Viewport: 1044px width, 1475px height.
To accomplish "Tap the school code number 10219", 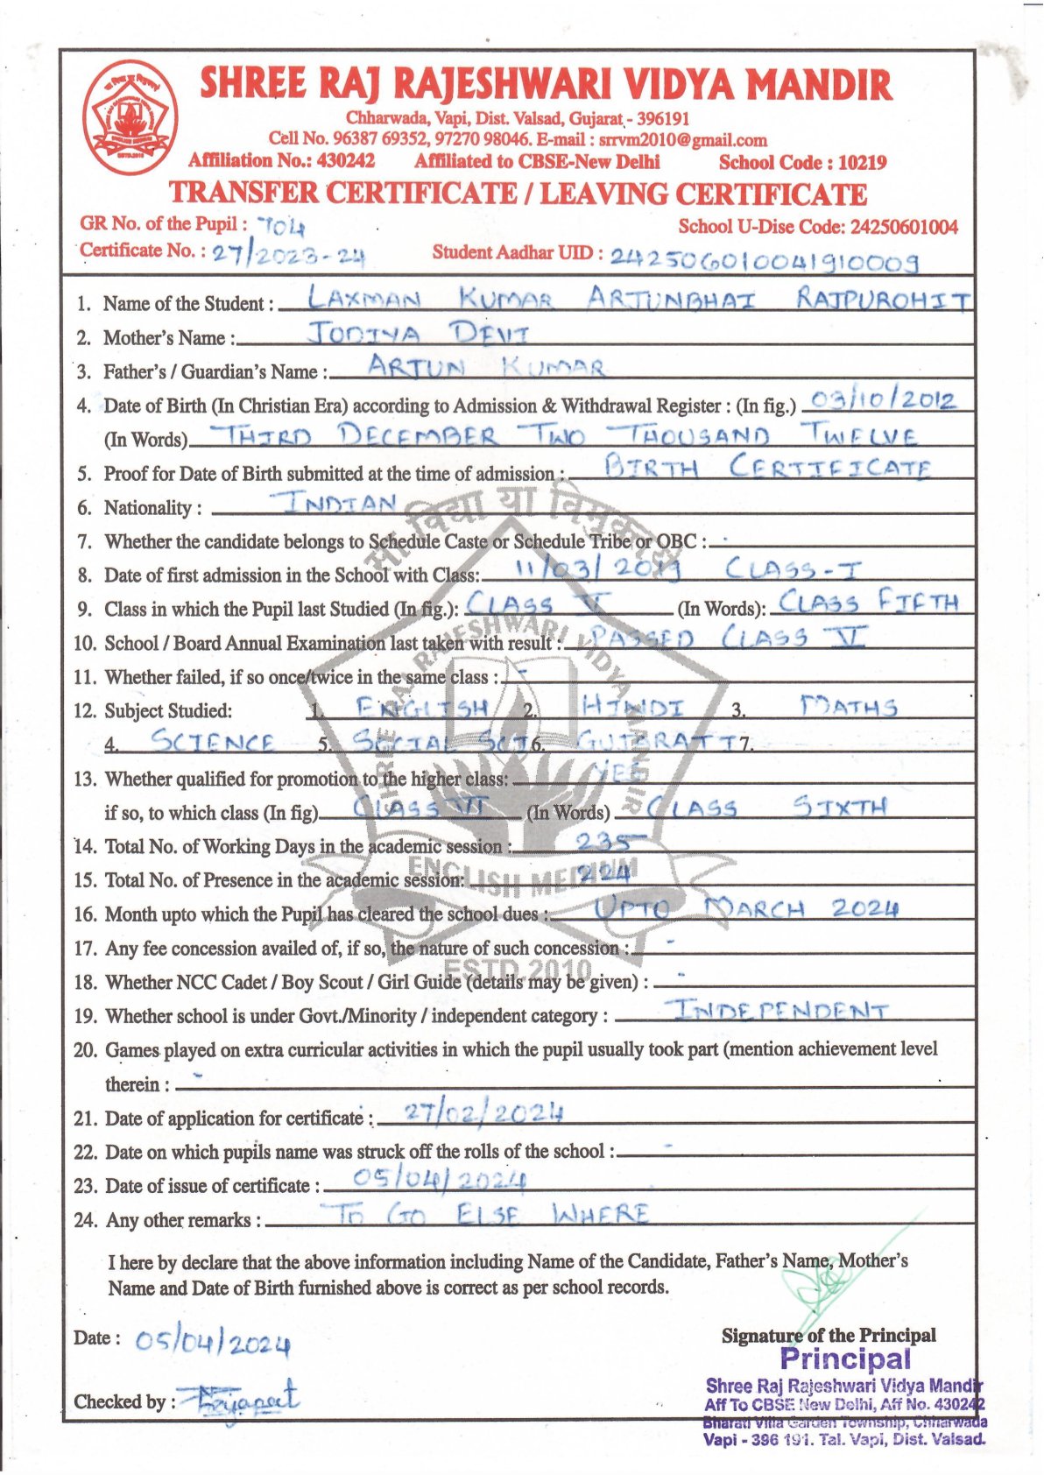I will click(862, 162).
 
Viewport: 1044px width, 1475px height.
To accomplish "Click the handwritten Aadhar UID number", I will click(764, 259).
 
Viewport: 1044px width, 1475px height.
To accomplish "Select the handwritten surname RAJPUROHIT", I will click(883, 300).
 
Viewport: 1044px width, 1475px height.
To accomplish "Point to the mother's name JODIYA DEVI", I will click(419, 334).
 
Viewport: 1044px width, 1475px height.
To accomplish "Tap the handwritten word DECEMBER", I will click(418, 435).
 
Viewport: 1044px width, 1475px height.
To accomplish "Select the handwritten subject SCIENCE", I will click(213, 742).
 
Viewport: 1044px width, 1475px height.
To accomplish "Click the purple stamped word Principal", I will click(845, 1359).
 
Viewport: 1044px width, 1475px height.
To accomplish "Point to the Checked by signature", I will click(236, 1400).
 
